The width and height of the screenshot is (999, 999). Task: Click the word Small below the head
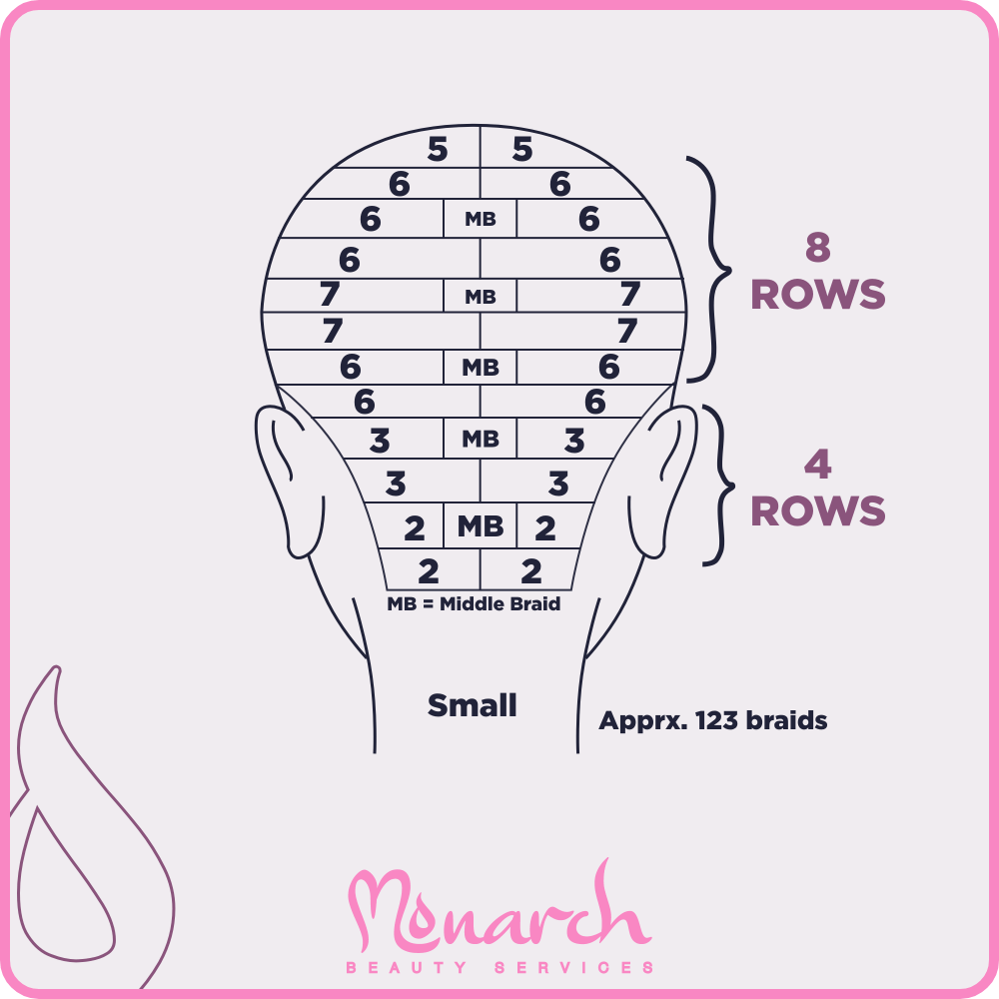pyautogui.click(x=472, y=705)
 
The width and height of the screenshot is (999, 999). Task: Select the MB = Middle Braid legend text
pyautogui.click(x=474, y=604)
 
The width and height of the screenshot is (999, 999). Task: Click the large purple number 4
pyautogui.click(x=818, y=466)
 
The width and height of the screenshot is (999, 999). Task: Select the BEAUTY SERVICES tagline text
pyautogui.click(x=499, y=968)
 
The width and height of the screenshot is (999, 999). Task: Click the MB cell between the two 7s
pyautogui.click(x=481, y=297)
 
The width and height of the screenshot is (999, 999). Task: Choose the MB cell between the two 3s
pyautogui.click(x=481, y=439)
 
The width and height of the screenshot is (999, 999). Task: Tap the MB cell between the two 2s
pyautogui.click(x=481, y=526)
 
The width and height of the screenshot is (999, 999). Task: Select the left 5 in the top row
pyautogui.click(x=437, y=149)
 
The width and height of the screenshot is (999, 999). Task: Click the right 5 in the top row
pyautogui.click(x=522, y=149)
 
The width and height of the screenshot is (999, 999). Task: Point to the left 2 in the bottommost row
pyautogui.click(x=428, y=571)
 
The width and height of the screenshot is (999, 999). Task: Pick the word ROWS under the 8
pyautogui.click(x=818, y=295)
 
